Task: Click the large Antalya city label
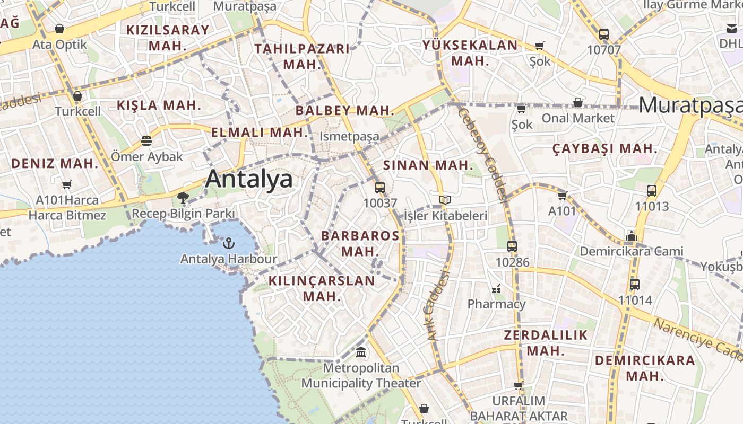coord(248,179)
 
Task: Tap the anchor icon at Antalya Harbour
coord(229,243)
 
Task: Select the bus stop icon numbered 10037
coord(380,187)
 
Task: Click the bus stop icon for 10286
coord(512,246)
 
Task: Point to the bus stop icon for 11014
coord(635,284)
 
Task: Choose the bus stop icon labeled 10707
coord(604,34)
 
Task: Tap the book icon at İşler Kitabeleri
coord(445,200)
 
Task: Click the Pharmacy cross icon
coord(496,289)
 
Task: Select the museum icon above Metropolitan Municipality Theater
coord(361,352)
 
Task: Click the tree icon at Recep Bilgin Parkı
coord(183,198)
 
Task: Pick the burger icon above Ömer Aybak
coord(146,141)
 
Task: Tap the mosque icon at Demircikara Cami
coord(632,235)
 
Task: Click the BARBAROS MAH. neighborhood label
coord(360,243)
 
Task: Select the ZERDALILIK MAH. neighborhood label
coord(546,342)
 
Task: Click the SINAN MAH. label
coord(428,165)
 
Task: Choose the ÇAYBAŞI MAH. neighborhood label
coord(605,149)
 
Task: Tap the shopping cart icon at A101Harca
coord(66,185)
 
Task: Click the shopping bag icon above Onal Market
coord(578,102)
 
